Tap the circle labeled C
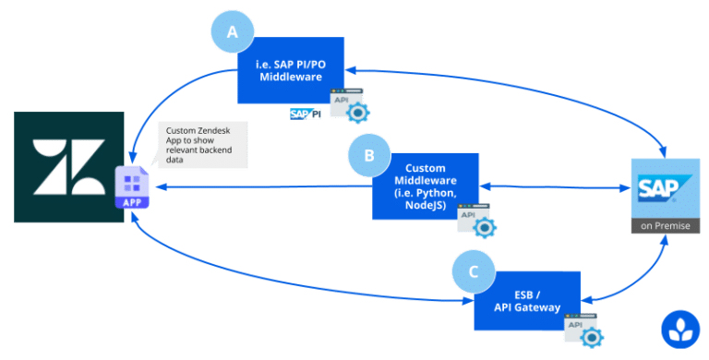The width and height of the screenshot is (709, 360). [x=474, y=272]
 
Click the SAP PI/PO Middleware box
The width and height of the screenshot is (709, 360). [x=291, y=71]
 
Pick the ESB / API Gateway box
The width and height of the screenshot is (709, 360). [x=527, y=301]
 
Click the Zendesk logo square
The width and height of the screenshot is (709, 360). [x=68, y=166]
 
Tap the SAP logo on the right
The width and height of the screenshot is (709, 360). [x=659, y=188]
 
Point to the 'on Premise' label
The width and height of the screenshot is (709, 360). [x=659, y=226]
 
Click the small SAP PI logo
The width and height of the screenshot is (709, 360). [x=305, y=114]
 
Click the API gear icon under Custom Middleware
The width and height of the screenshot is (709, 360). [x=478, y=221]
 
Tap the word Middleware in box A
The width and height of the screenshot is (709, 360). [x=291, y=78]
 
